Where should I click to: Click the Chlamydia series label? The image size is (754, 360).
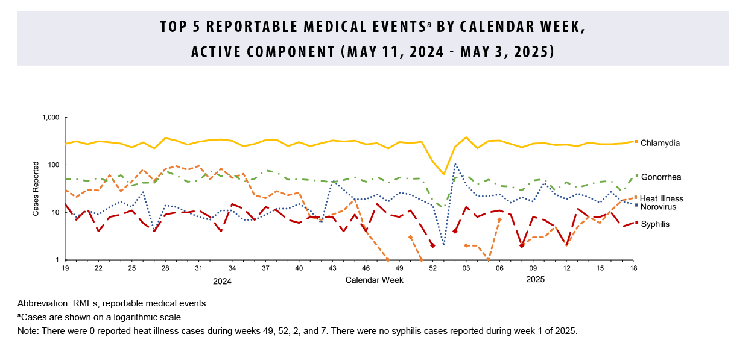point(661,144)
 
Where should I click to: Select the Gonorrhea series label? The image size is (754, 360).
point(661,177)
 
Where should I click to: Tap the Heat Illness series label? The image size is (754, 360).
point(662,198)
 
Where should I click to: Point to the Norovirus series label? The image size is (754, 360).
point(658,207)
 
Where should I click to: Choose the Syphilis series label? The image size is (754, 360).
point(655,224)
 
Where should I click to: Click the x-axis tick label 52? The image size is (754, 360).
point(432,268)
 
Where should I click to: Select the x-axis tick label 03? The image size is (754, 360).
point(466,268)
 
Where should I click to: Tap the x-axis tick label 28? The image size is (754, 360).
point(165,268)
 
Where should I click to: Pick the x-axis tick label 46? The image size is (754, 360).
point(366,268)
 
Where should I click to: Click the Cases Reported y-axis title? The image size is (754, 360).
point(36,189)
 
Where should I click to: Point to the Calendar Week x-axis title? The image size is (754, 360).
point(375,280)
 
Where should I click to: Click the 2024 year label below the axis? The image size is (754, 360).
point(222,281)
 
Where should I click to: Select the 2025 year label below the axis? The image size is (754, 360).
point(535,280)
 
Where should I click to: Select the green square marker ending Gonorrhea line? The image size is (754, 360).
point(636,176)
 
